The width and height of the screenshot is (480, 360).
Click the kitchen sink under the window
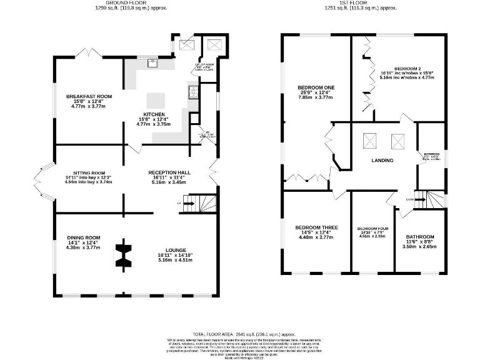click(152, 62)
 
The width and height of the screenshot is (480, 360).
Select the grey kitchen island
click(156, 101)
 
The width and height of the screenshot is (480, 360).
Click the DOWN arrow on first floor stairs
click(409, 199)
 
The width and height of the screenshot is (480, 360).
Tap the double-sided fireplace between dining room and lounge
click(124, 254)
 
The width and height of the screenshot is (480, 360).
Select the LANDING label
click(382, 161)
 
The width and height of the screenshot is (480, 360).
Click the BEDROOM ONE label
click(316, 87)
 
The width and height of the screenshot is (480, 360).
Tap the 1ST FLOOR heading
click(352, 3)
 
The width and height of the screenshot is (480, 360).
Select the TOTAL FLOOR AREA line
click(242, 335)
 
